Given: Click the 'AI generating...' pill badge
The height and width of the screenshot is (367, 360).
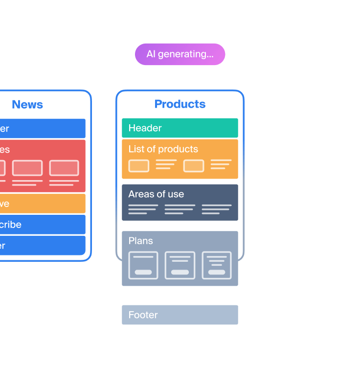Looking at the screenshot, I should [180, 54].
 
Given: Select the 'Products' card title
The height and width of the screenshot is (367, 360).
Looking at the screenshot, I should [180, 104].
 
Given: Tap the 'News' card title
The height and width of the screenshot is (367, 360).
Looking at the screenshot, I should [27, 104].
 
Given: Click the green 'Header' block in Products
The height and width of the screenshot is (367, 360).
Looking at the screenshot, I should [180, 128].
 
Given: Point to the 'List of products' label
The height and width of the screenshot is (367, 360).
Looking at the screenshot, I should [163, 149].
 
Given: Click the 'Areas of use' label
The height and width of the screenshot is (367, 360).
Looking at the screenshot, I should [156, 194].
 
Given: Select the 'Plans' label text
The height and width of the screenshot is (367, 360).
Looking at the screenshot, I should [140, 241].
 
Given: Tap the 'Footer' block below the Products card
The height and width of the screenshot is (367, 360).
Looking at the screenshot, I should [180, 315].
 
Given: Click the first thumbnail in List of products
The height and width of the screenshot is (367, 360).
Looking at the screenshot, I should [139, 166].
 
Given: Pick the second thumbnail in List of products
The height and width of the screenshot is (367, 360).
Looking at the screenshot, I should [194, 166].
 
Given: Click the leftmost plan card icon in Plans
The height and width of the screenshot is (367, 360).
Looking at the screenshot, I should [143, 265].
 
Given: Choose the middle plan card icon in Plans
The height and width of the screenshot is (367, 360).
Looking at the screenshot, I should [180, 265].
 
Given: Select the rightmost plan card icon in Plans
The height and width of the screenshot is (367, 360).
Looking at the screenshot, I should [217, 265].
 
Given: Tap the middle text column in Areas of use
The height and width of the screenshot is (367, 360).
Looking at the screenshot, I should [180, 209].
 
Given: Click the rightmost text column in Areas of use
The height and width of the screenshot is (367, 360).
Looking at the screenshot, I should [217, 209].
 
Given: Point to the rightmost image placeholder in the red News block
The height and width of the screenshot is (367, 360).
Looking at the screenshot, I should [64, 168].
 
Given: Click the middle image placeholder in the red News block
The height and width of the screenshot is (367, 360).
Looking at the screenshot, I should [27, 168].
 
